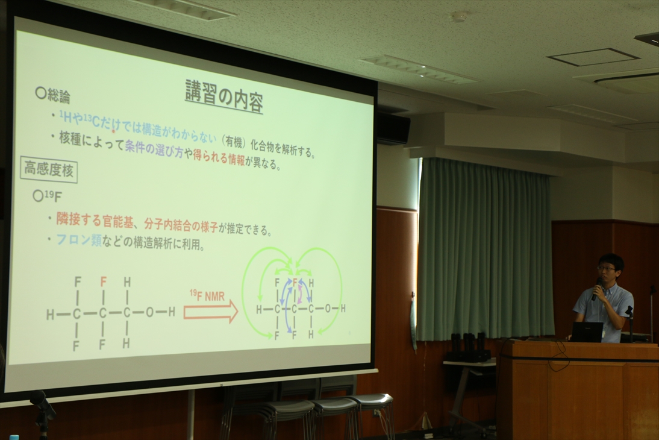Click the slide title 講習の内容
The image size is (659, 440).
[x=224, y=96]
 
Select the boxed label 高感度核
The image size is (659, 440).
[x=49, y=169]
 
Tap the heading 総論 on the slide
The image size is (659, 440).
[x=53, y=95]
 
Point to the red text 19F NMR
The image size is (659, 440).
[x=207, y=295]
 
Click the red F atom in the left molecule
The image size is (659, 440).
[x=104, y=281]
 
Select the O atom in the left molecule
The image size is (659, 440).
[x=149, y=313]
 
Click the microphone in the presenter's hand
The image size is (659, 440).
[x=596, y=289]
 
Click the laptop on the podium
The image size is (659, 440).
[x=586, y=332]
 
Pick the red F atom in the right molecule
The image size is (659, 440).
[x=295, y=281]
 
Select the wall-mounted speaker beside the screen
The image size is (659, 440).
[x=393, y=128]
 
